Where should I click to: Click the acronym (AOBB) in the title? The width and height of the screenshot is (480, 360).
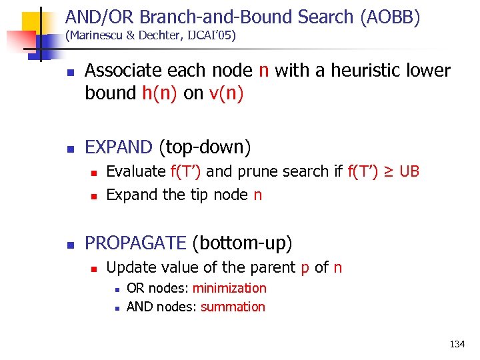point(389,17)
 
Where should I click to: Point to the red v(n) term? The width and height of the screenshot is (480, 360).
point(226,93)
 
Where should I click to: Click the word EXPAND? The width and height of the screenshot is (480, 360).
point(119,146)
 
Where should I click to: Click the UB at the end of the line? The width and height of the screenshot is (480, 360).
point(409,171)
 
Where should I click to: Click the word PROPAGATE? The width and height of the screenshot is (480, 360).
point(136,243)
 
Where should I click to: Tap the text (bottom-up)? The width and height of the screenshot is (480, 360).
point(242,243)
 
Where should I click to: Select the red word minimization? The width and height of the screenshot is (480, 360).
point(229,288)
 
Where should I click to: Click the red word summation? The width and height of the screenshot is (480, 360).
point(233,307)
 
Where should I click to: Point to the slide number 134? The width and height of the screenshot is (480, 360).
point(457,344)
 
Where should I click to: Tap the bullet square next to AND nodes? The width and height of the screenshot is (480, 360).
point(116,308)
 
